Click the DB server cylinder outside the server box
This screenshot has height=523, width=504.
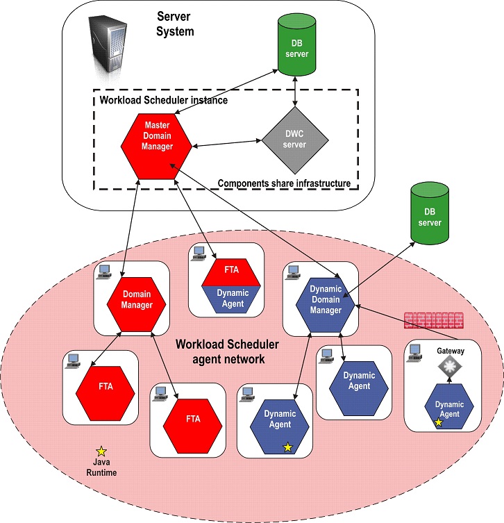(x=431, y=214)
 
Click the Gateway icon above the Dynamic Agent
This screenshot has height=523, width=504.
(x=451, y=367)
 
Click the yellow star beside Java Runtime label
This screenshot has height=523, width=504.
(x=101, y=451)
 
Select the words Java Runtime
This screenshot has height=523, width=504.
(x=101, y=467)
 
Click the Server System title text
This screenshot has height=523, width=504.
(x=175, y=24)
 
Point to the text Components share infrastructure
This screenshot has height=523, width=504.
(x=283, y=183)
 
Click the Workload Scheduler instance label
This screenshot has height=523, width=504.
(x=164, y=100)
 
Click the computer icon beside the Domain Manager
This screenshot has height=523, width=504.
(x=105, y=272)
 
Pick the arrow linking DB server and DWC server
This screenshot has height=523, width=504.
(x=297, y=90)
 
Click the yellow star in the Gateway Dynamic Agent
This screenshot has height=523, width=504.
(x=438, y=422)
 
